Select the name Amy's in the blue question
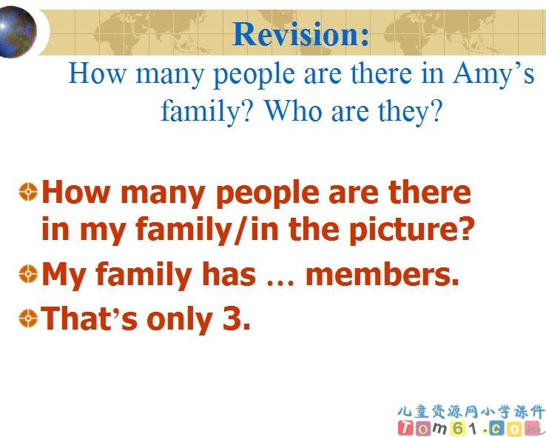pyautogui.click(x=493, y=74)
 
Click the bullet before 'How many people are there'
pyautogui.click(x=28, y=192)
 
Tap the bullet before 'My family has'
pyautogui.click(x=28, y=274)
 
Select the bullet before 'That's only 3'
pyautogui.click(x=28, y=318)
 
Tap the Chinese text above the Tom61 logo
pyautogui.click(x=471, y=412)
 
